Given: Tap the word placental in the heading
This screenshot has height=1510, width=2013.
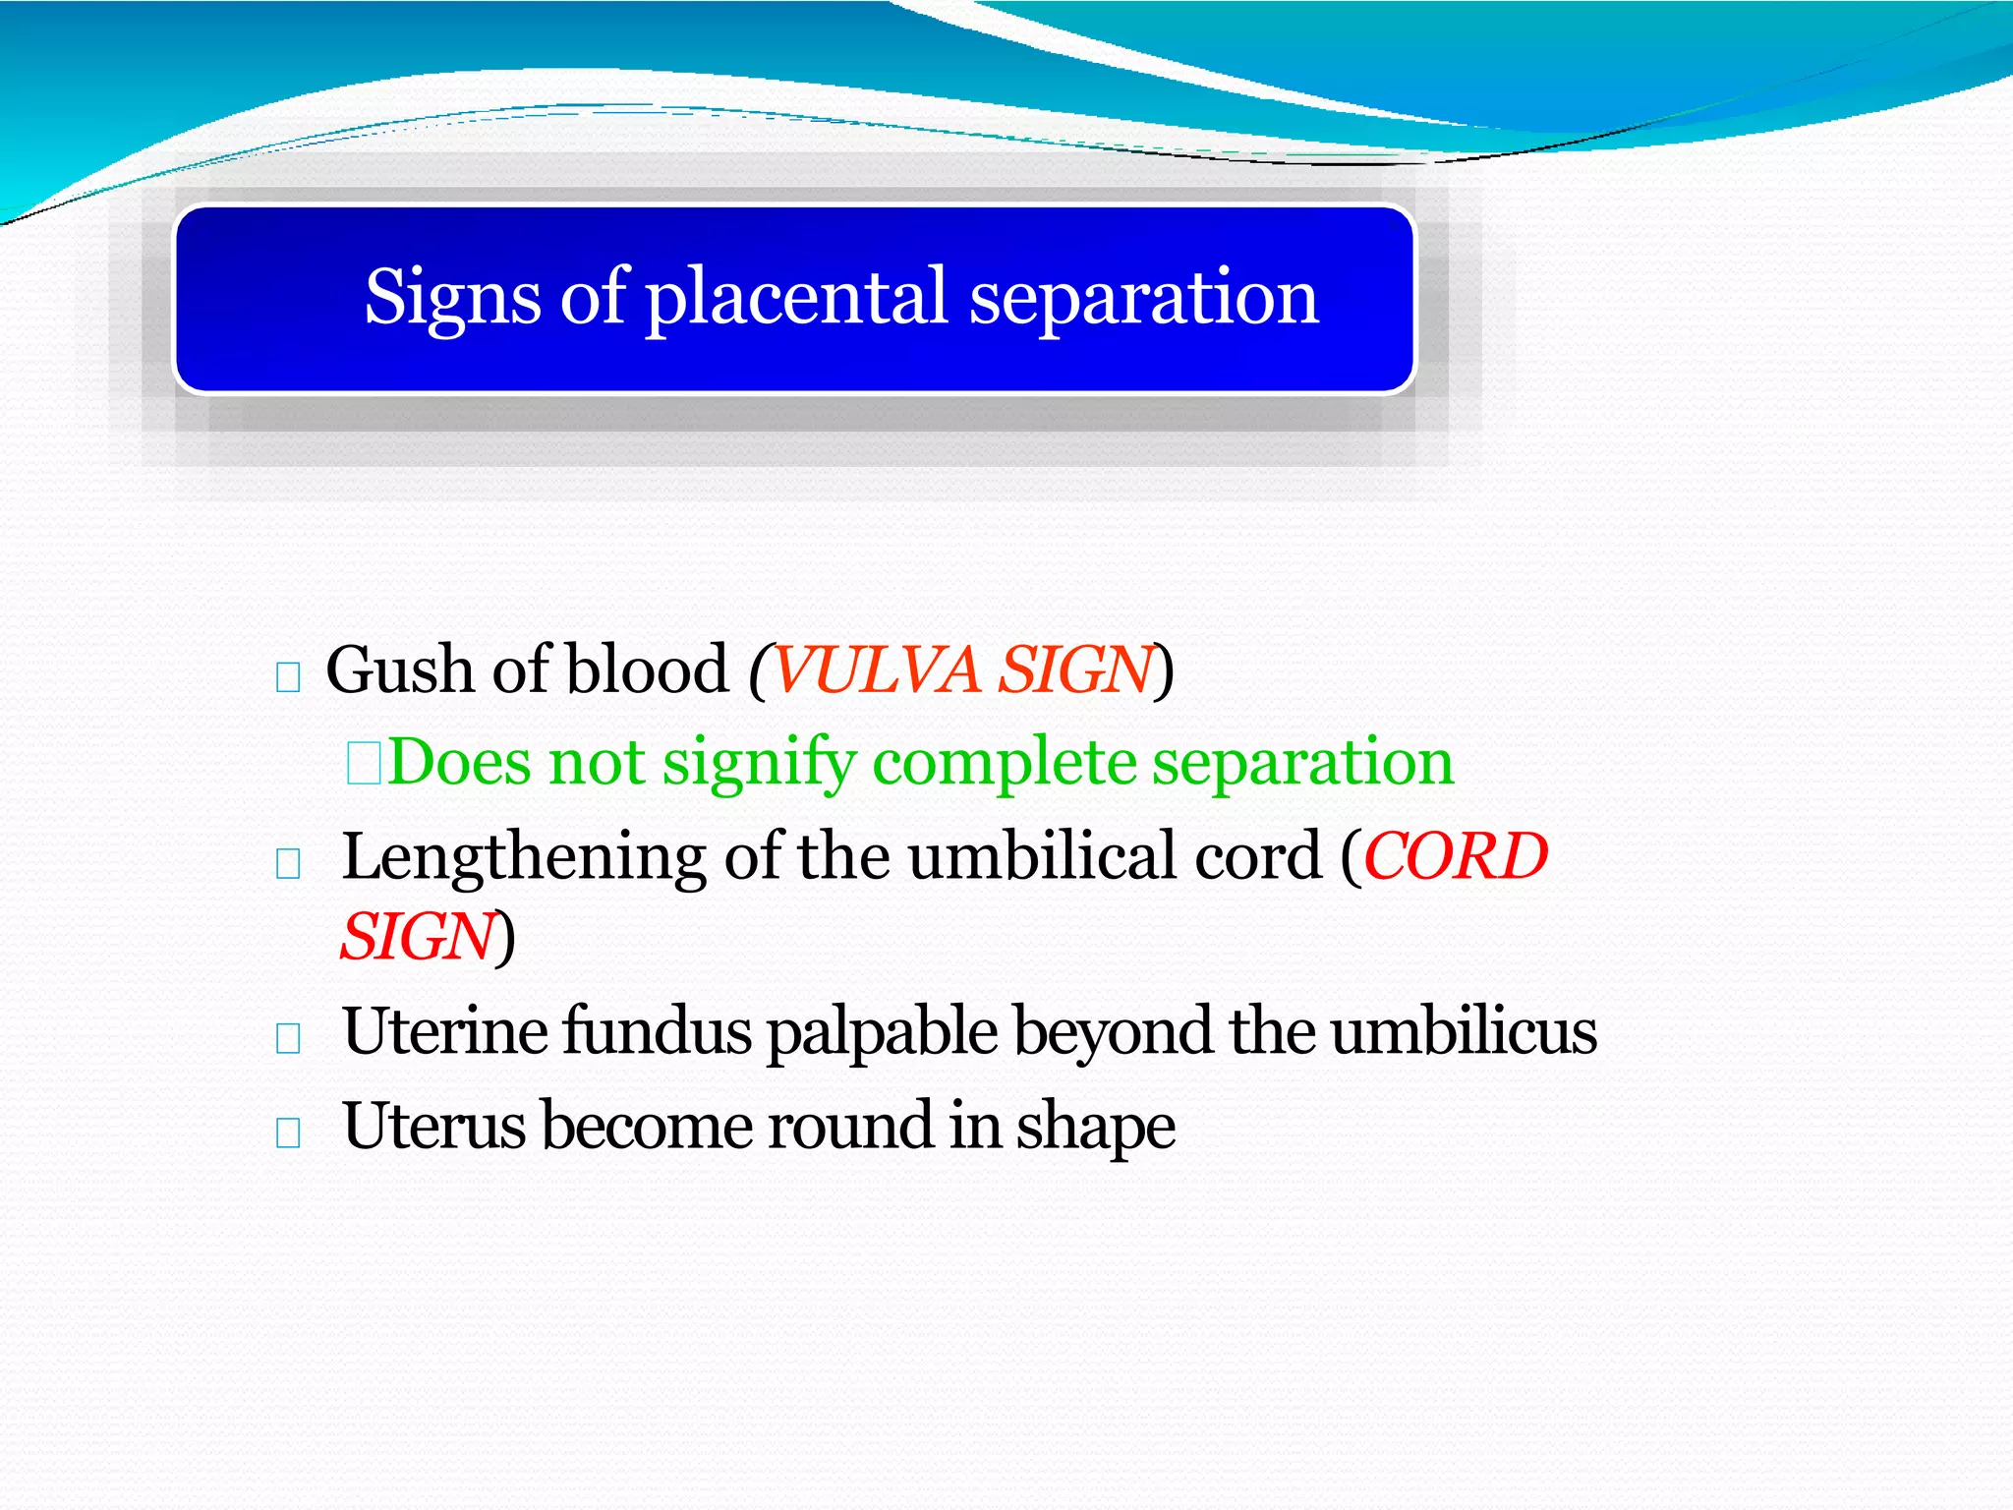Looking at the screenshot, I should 795,298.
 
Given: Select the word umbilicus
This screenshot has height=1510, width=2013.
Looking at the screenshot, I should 1464,1032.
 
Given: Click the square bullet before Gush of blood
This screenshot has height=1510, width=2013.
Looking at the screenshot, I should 288,677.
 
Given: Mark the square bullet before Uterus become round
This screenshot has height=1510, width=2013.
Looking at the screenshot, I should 288,1133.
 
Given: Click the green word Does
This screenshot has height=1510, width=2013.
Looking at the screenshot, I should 459,762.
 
